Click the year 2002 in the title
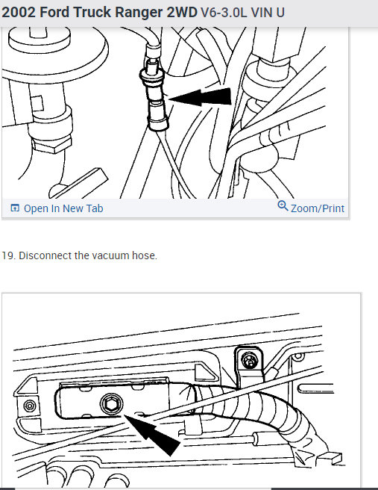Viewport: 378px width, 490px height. (19, 13)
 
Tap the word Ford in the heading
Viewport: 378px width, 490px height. (58, 13)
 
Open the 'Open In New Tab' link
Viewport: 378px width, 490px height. (63, 208)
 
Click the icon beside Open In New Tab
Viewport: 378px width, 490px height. (15, 208)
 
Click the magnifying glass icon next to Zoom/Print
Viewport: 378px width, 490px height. (283, 207)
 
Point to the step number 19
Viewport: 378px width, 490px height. (8, 255)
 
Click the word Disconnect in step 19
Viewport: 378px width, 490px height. (45, 255)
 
